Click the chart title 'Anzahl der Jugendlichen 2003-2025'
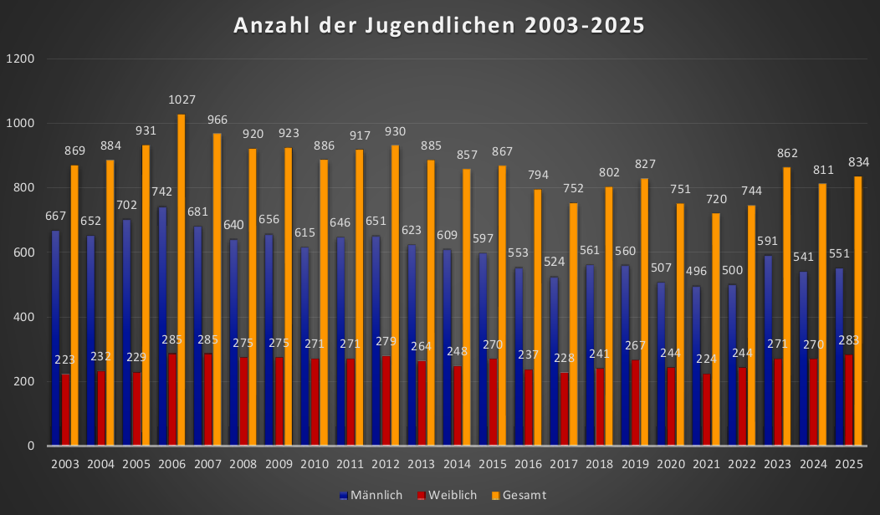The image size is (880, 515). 439,25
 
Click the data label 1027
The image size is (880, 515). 182,99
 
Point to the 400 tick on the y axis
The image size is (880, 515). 23,318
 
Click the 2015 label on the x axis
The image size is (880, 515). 493,463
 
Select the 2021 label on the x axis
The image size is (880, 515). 707,463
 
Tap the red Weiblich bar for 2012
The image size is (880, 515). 386,401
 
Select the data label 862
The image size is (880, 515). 787,153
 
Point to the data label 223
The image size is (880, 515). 66,359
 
